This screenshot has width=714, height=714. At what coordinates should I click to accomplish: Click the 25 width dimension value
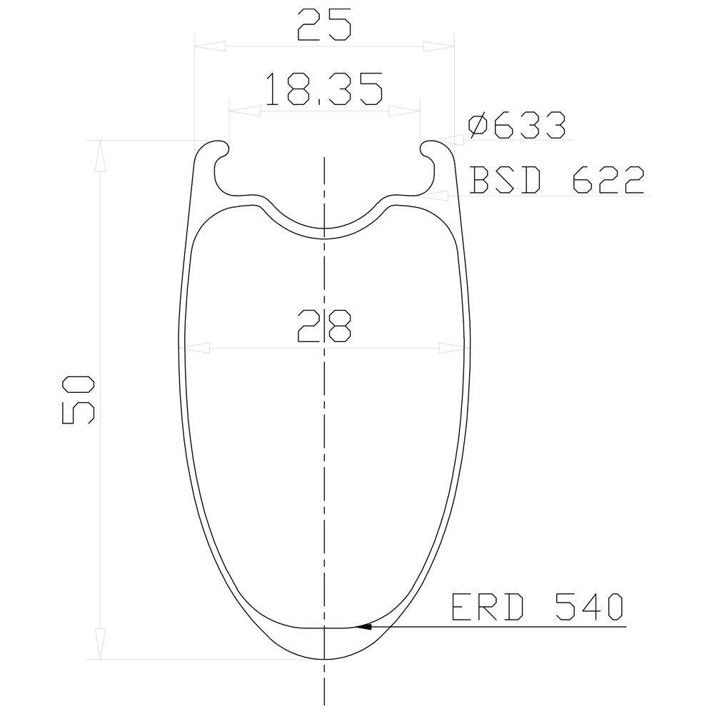tap(323, 24)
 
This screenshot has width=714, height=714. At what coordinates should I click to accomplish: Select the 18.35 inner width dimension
tap(323, 89)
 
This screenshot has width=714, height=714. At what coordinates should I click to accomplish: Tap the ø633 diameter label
tap(517, 125)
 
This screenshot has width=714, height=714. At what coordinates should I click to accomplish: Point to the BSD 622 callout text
tap(557, 181)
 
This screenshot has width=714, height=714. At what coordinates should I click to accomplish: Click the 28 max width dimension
tap(323, 326)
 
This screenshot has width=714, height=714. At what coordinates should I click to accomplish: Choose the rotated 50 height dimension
tap(78, 400)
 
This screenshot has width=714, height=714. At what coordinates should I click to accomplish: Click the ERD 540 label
tap(537, 606)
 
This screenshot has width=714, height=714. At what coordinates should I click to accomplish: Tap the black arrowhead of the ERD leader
tap(363, 627)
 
